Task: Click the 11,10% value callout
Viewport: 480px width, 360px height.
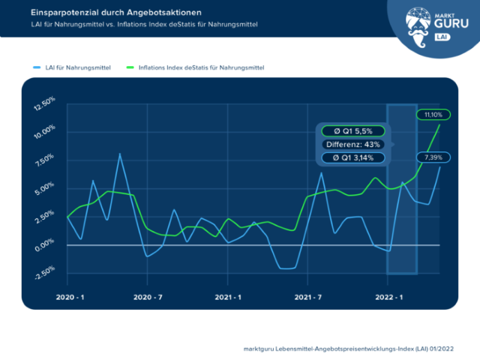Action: coord(433,115)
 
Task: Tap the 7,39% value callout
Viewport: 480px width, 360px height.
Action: coord(433,157)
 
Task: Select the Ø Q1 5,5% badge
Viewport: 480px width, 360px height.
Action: coord(353,131)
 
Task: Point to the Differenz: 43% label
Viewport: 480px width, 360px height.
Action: coord(353,145)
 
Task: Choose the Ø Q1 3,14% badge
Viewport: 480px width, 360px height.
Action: coord(353,157)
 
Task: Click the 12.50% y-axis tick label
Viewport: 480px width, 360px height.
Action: coord(45,103)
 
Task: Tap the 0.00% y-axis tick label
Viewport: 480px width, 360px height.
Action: coord(45,245)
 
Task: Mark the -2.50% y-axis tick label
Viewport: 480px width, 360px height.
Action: coord(45,272)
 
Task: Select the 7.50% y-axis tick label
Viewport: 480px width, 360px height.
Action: coord(45,160)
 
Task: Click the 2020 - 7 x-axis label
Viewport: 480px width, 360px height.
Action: coord(148,297)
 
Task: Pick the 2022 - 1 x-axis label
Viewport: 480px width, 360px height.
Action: coord(389,297)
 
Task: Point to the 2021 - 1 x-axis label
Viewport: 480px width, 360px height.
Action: coord(228,297)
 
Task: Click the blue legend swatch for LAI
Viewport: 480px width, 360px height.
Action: coord(37,67)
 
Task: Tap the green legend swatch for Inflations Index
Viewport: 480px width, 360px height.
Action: coord(130,67)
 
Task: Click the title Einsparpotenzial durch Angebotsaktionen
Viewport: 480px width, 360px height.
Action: coord(116,13)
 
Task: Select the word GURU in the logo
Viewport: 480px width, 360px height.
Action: coord(451,23)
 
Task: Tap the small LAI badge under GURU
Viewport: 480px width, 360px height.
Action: coord(442,37)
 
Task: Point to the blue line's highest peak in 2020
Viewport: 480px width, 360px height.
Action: coord(120,154)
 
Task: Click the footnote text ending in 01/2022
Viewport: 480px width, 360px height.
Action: coord(348,349)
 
